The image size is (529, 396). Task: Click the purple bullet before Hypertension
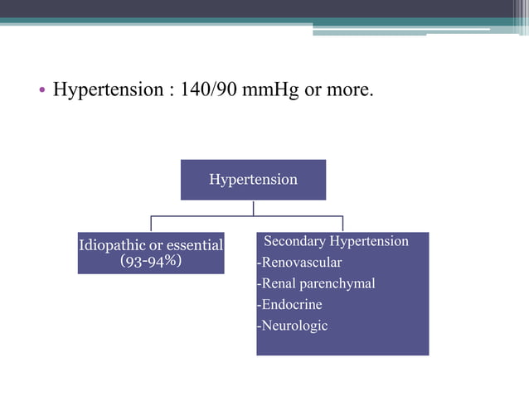[42, 89]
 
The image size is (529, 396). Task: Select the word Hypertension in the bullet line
[108, 89]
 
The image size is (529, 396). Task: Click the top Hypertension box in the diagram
[253, 180]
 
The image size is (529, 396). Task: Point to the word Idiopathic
[109, 245]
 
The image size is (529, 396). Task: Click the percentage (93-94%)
[151, 261]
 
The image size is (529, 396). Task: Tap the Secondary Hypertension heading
[336, 241]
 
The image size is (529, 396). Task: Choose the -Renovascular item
[299, 263]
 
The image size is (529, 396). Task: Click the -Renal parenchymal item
[316, 283]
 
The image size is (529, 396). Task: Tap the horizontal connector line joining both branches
[246, 216]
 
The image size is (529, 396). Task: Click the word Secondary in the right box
[295, 241]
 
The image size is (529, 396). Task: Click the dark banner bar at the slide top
[264, 8]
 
